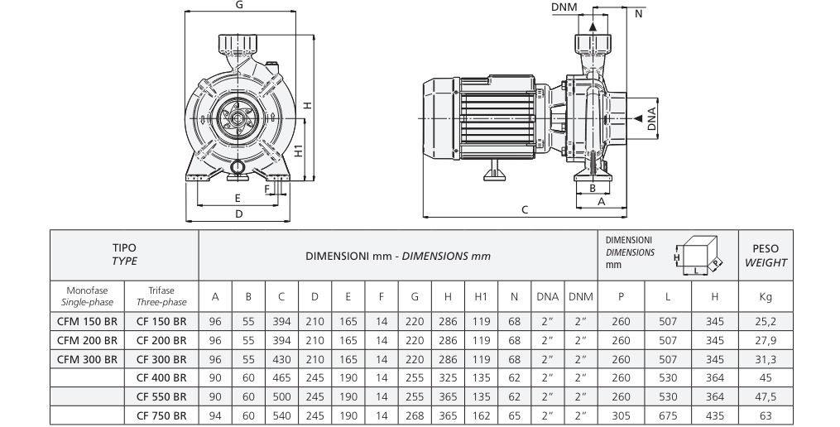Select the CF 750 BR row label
pyautogui.click(x=161, y=415)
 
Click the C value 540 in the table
pyautogui.click(x=281, y=415)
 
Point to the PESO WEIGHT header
pyautogui.click(x=766, y=255)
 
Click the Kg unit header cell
pyautogui.click(x=765, y=296)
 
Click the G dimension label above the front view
pyautogui.click(x=238, y=5)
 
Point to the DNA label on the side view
pyautogui.click(x=652, y=119)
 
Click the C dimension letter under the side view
pyautogui.click(x=525, y=209)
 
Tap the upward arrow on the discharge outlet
pyautogui.click(x=593, y=27)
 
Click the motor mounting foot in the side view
pyautogui.click(x=495, y=175)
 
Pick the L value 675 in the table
pyautogui.click(x=666, y=415)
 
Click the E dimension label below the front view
pyautogui.click(x=238, y=199)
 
